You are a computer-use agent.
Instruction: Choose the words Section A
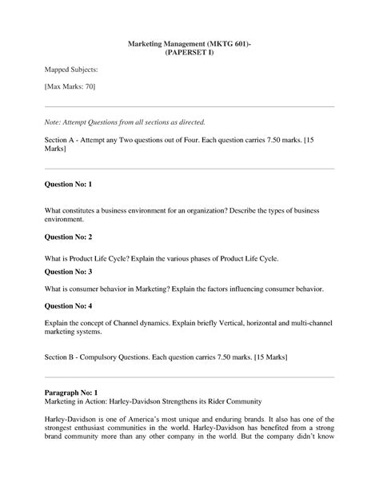click(x=62, y=139)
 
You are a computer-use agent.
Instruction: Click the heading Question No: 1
click(x=69, y=185)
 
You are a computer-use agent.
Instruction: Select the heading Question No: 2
click(x=69, y=237)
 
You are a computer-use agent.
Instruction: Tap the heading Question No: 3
click(x=69, y=272)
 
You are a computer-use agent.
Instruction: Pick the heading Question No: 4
click(x=69, y=306)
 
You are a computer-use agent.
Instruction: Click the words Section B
click(x=62, y=358)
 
